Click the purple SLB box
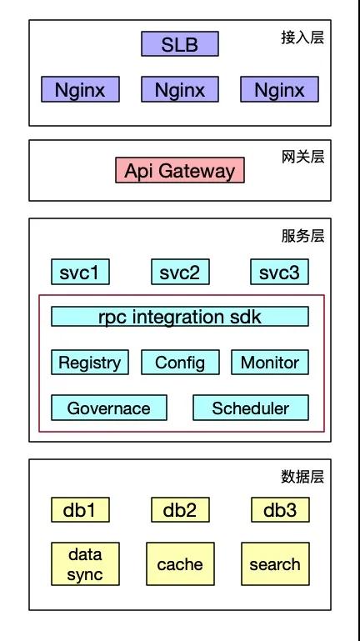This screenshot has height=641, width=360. [x=180, y=43]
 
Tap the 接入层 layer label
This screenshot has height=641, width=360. [x=302, y=38]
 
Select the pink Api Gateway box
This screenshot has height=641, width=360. [x=180, y=170]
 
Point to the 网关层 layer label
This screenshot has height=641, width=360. [x=302, y=157]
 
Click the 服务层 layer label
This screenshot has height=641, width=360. [x=302, y=236]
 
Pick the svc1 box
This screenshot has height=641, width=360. [x=80, y=272]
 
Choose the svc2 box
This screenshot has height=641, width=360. [x=180, y=272]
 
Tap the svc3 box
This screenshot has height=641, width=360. [x=279, y=272]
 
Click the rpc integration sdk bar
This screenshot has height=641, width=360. [x=180, y=317]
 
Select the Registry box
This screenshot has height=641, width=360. [x=90, y=363]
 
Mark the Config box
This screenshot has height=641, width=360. [x=180, y=363]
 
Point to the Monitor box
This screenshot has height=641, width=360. [x=270, y=363]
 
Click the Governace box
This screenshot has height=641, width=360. [x=109, y=408]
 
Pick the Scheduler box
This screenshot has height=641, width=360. [x=251, y=408]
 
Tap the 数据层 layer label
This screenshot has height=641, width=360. [x=302, y=477]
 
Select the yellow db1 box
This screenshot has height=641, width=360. [x=80, y=509]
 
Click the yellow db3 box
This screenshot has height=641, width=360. [x=280, y=509]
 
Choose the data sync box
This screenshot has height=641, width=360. [x=85, y=563]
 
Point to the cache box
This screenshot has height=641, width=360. [x=180, y=563]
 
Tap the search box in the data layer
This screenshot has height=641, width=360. [x=275, y=563]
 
